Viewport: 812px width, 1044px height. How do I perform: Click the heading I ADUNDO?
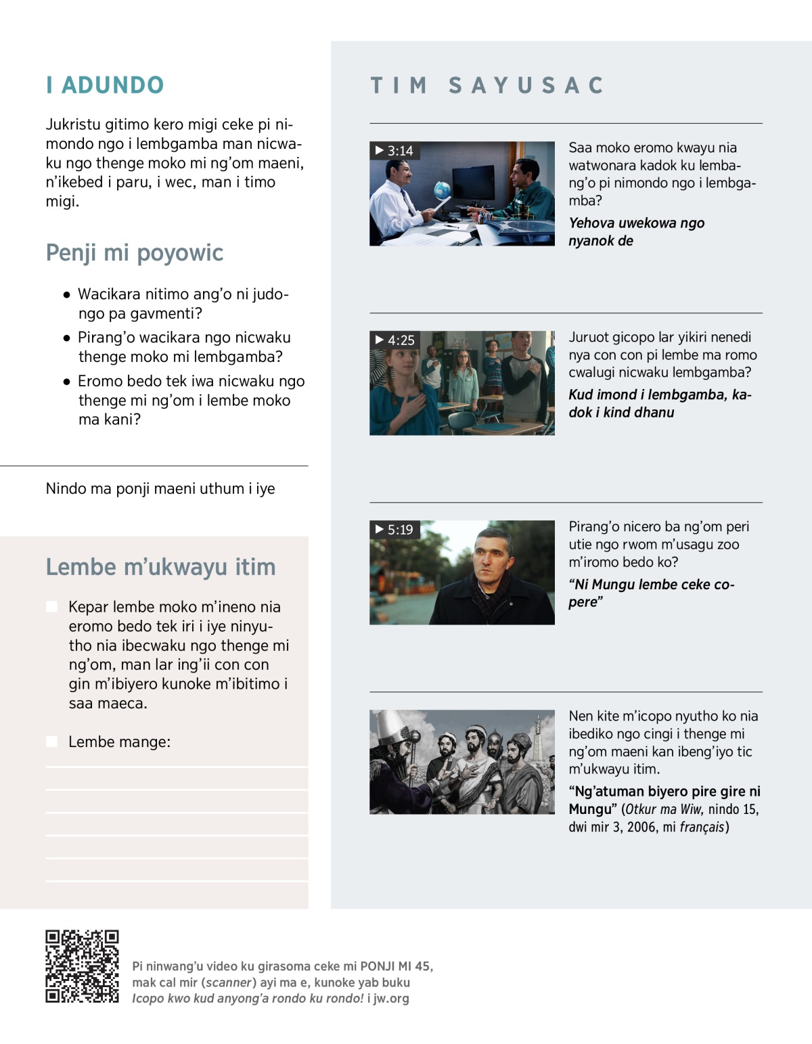tap(105, 85)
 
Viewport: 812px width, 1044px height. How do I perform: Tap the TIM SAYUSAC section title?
tap(487, 85)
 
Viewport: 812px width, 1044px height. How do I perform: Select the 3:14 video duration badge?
tap(394, 151)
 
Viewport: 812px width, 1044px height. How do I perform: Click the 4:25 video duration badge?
tap(394, 340)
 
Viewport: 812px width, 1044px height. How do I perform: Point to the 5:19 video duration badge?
tap(394, 530)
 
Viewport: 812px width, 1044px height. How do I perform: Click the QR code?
tap(82, 966)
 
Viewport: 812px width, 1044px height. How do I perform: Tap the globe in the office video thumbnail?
tap(443, 190)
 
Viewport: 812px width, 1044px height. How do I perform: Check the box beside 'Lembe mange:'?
tap(51, 742)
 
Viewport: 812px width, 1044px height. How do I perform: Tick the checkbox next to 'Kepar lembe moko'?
tap(51, 607)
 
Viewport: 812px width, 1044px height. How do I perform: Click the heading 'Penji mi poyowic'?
tap(135, 253)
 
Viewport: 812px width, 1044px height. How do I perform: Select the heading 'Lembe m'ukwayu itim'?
tap(160, 567)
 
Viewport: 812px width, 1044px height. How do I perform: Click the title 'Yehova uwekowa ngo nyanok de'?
tap(636, 231)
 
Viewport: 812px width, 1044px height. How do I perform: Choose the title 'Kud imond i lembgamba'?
tap(660, 403)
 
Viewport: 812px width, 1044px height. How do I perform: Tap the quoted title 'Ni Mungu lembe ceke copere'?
tap(651, 593)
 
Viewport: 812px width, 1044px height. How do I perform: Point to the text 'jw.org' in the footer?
tap(391, 998)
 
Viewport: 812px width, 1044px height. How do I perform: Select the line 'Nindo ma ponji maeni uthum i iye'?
tap(160, 489)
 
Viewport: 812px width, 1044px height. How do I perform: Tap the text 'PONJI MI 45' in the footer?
tap(395, 966)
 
